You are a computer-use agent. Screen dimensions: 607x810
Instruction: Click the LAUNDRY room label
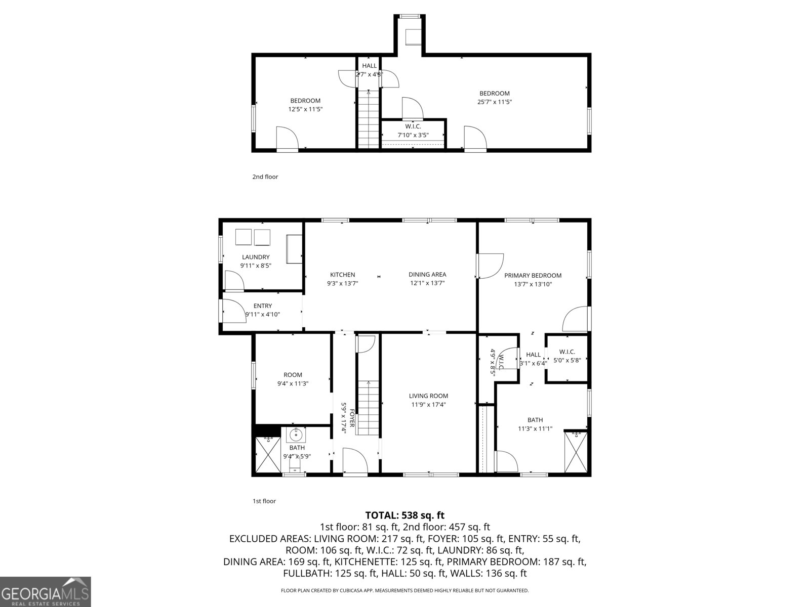pyautogui.click(x=256, y=257)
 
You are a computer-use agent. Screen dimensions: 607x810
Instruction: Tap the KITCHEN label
pyautogui.click(x=343, y=275)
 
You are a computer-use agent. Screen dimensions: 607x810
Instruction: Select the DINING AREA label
pyautogui.click(x=427, y=275)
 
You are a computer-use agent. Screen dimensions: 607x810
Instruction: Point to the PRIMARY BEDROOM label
pyautogui.click(x=533, y=276)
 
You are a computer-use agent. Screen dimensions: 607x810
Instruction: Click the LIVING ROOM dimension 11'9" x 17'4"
pyautogui.click(x=428, y=405)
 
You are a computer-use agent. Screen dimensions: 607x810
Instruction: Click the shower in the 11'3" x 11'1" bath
pyautogui.click(x=576, y=452)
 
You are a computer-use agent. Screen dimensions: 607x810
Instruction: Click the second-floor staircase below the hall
pyautogui.click(x=369, y=119)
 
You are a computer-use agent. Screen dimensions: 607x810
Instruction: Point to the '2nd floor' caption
pyautogui.click(x=265, y=177)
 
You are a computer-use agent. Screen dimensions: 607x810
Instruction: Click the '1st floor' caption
pyautogui.click(x=264, y=501)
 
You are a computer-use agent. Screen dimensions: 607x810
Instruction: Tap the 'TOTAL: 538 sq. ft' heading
pyautogui.click(x=404, y=515)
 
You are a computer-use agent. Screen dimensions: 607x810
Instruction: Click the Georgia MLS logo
pyautogui.click(x=45, y=591)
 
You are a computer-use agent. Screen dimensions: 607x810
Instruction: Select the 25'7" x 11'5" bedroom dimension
pyautogui.click(x=495, y=102)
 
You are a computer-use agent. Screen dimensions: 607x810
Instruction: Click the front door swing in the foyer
pyautogui.click(x=355, y=461)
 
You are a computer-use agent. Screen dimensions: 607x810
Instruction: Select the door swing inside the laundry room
pyautogui.click(x=233, y=281)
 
